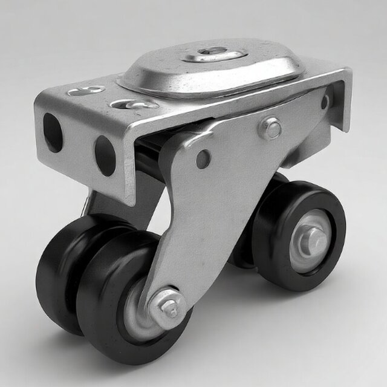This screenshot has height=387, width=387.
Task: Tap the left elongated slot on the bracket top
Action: (x=85, y=91)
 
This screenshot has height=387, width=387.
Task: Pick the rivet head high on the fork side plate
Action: (x=272, y=128)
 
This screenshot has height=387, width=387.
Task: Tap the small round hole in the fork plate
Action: (x=203, y=159)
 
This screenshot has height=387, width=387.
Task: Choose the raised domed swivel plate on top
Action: (x=212, y=70)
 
